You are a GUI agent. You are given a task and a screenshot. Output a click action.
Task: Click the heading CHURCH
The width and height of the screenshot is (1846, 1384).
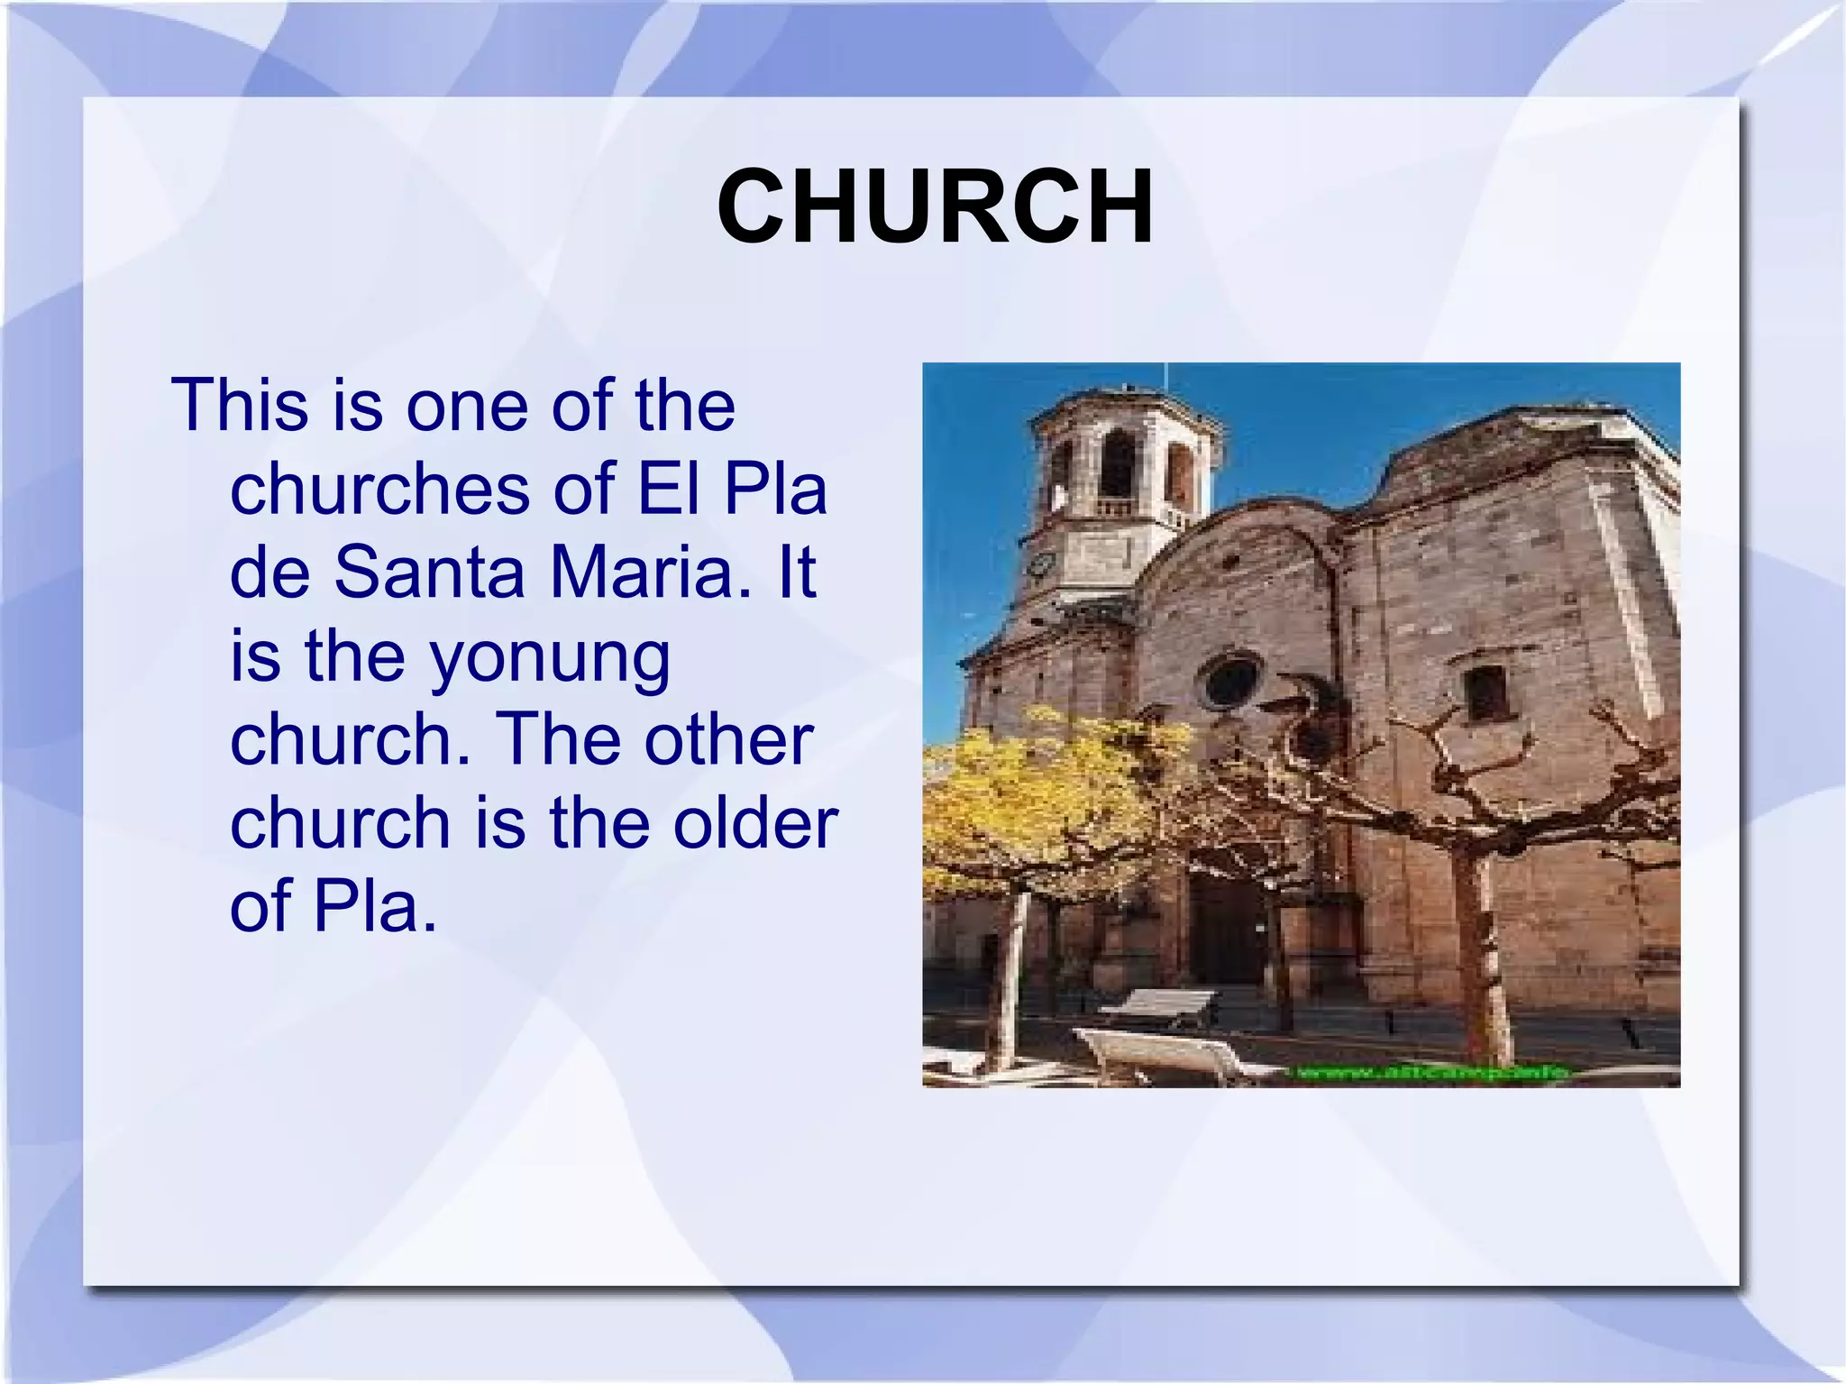(935, 207)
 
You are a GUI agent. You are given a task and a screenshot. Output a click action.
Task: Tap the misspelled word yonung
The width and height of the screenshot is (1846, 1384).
(549, 658)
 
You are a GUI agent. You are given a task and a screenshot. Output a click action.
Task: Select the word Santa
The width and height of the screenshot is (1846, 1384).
(429, 573)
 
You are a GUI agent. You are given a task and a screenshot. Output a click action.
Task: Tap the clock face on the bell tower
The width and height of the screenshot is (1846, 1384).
(1042, 564)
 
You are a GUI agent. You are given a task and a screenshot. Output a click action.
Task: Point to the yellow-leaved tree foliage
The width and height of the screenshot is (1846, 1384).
(1037, 793)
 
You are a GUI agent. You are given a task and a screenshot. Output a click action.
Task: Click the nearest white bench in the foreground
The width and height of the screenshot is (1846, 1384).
(1163, 1055)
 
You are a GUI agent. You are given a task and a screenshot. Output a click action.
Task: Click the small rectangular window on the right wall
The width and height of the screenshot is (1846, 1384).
(1485, 692)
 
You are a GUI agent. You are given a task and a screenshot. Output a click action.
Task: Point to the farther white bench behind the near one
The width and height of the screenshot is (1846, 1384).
(1158, 1004)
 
